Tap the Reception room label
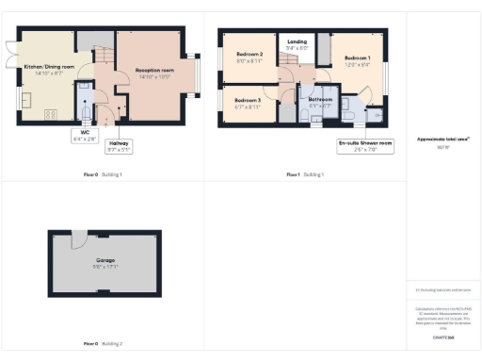tap(154, 71)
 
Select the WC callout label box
tap(84, 136)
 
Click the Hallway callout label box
tap(119, 145)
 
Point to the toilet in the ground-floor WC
tap(86, 112)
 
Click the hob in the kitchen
tap(49, 114)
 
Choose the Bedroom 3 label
tap(248, 100)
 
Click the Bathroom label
tap(319, 99)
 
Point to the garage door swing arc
tap(80, 237)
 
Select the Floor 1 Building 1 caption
tap(305, 174)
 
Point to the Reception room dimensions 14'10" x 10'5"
tap(154, 76)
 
